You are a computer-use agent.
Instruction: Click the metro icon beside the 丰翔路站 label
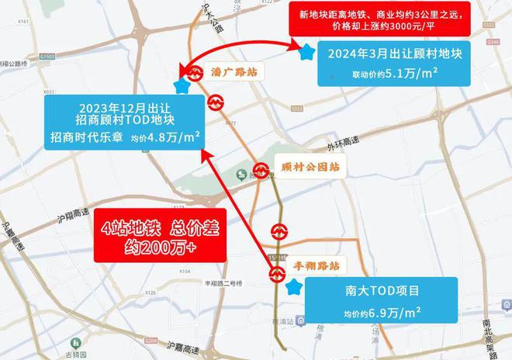[278, 272]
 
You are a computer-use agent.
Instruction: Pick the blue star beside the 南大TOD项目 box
[293, 288]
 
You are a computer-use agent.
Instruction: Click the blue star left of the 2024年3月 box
[306, 53]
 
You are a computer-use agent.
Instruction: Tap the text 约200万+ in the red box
[159, 247]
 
